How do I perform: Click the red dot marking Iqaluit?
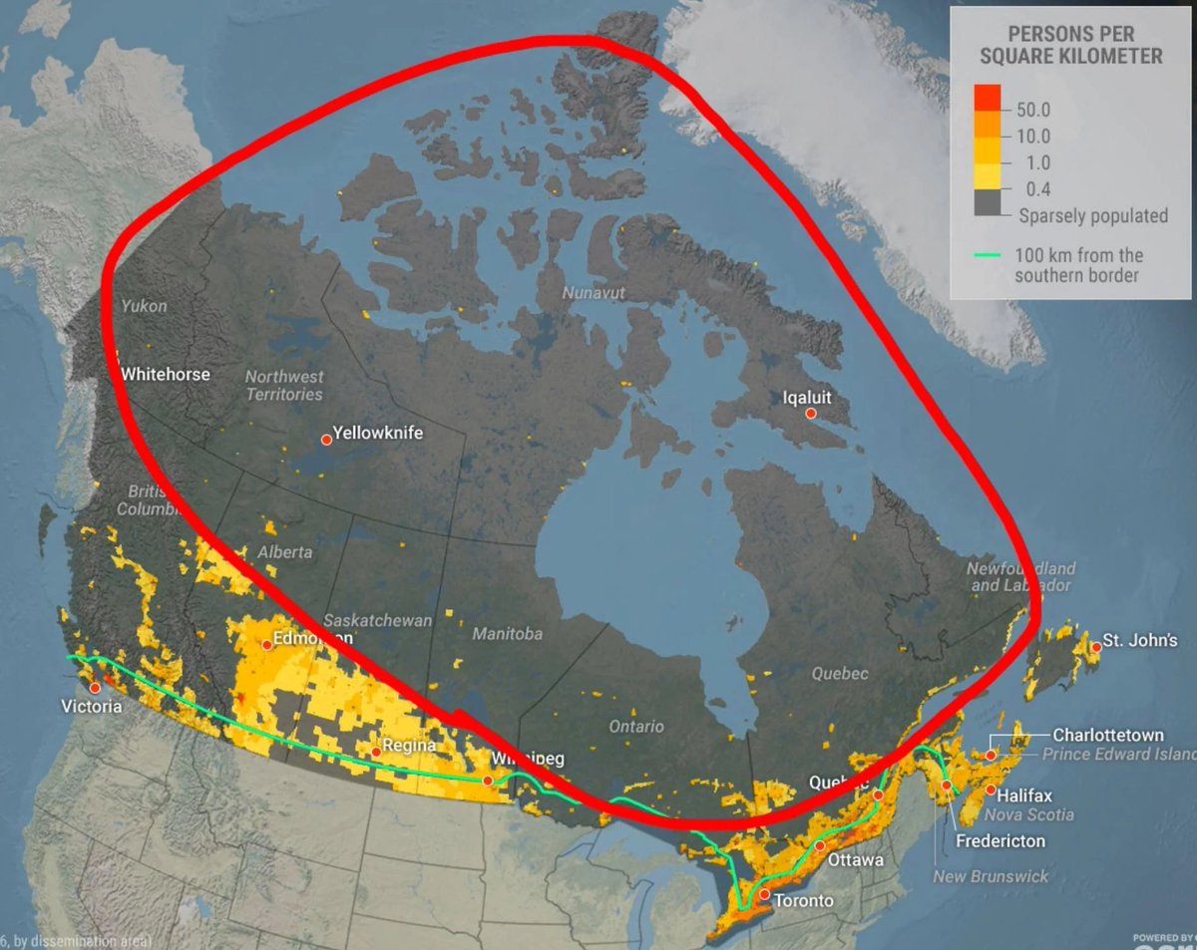(811, 413)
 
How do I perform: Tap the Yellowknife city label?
(377, 434)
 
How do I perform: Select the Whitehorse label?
(166, 374)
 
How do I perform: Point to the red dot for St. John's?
(1095, 647)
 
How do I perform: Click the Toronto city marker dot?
(764, 895)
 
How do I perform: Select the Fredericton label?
(1000, 840)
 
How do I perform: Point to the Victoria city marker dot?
(95, 688)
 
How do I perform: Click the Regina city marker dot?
(375, 751)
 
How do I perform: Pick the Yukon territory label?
(144, 306)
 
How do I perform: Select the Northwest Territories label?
(284, 385)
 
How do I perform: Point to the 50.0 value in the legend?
(1032, 109)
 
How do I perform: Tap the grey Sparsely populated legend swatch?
(988, 202)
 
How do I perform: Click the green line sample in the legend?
(988, 255)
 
